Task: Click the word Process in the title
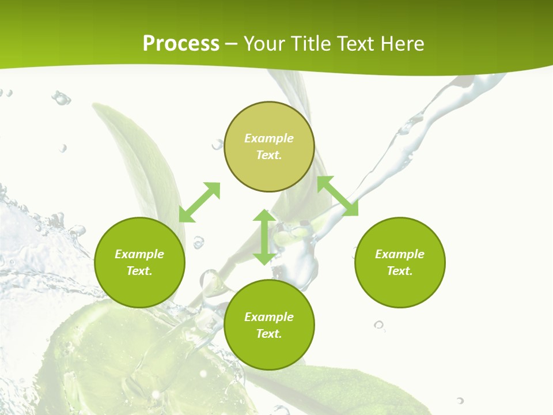click(181, 44)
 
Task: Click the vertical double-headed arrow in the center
click(264, 237)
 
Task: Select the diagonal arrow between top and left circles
click(199, 202)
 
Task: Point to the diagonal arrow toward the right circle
click(338, 196)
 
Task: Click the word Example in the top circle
click(269, 138)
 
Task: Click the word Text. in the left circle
click(139, 271)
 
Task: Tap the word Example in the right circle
click(400, 254)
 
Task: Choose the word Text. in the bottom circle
click(269, 334)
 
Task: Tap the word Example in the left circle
click(139, 254)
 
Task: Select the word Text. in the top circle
click(269, 155)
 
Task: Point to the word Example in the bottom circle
click(269, 317)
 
